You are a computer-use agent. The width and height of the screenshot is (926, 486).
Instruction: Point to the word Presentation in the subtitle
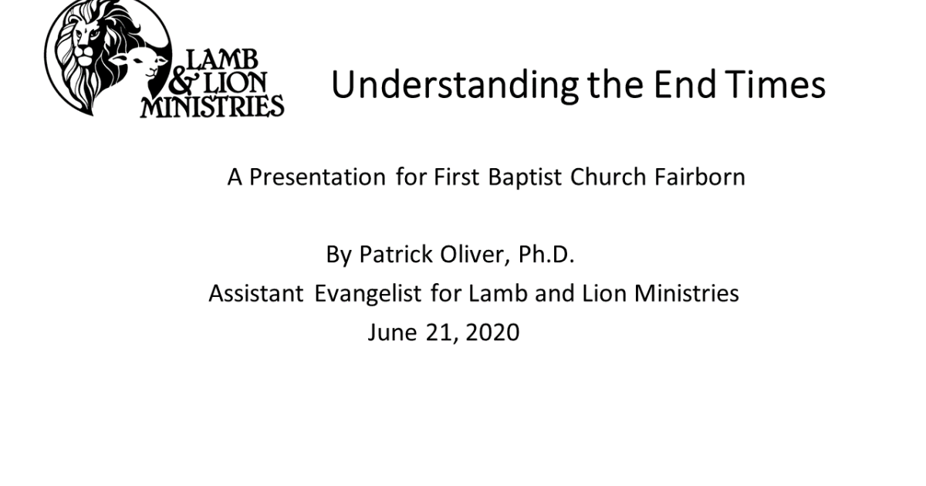316,177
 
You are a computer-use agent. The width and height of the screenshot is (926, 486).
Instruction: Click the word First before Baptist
457,177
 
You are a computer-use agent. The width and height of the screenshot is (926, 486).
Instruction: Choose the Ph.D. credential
546,255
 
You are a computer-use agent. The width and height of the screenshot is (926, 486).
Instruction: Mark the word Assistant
256,294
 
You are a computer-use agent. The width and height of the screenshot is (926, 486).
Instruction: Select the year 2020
493,332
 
